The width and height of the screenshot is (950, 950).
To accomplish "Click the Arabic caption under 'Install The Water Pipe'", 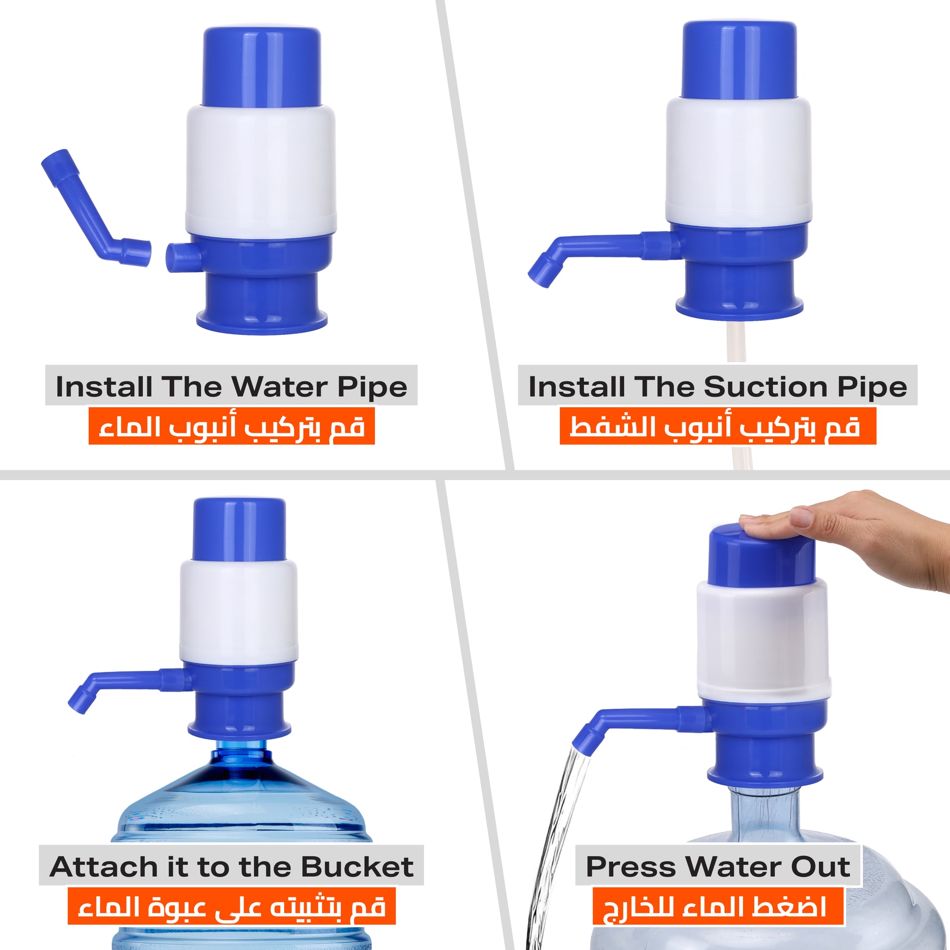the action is pyautogui.click(x=231, y=426).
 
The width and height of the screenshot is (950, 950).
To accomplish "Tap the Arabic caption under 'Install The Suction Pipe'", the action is pyautogui.click(x=718, y=426).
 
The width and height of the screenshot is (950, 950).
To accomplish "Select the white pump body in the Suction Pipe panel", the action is pyautogui.click(x=738, y=160).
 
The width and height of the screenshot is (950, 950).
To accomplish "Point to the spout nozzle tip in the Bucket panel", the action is pyautogui.click(x=81, y=701).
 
